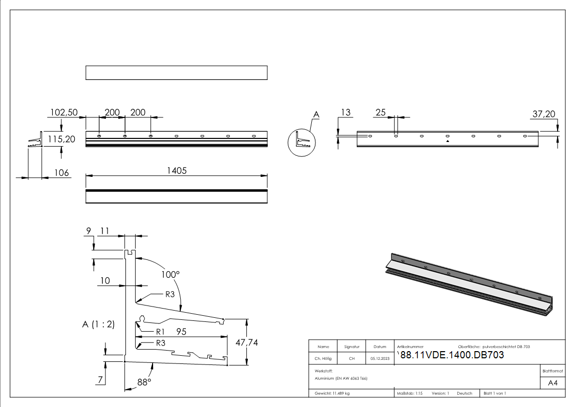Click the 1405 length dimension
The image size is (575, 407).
pyautogui.click(x=176, y=171)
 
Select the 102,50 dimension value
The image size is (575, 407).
pyautogui.click(x=63, y=112)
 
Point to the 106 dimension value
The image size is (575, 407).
pyautogui.click(x=61, y=173)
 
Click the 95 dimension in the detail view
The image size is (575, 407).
pyautogui.click(x=181, y=332)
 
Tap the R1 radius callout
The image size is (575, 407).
pyautogui.click(x=160, y=332)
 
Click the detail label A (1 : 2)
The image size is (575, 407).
pyautogui.click(x=98, y=324)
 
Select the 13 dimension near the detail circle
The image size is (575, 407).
pyautogui.click(x=346, y=112)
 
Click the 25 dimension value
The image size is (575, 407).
pyautogui.click(x=380, y=112)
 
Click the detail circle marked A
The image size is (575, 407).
pyautogui.click(x=301, y=141)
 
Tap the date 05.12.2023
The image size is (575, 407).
pyautogui.click(x=380, y=359)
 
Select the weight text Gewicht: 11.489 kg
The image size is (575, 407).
pyautogui.click(x=332, y=393)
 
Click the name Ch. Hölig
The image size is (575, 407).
pyautogui.click(x=323, y=359)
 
